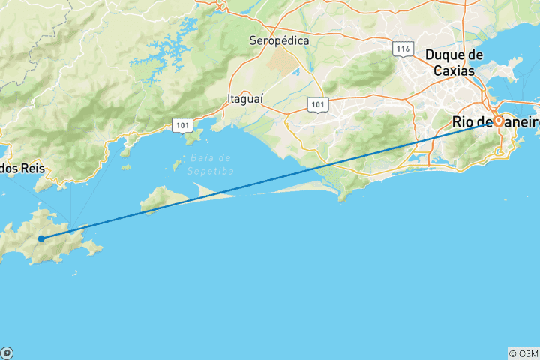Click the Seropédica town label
[280, 42]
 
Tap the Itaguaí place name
[246, 98]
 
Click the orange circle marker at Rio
[498, 121]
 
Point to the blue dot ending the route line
[40, 238]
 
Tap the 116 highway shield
[403, 49]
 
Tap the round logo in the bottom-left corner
[6, 352]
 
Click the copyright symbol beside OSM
[513, 352]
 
